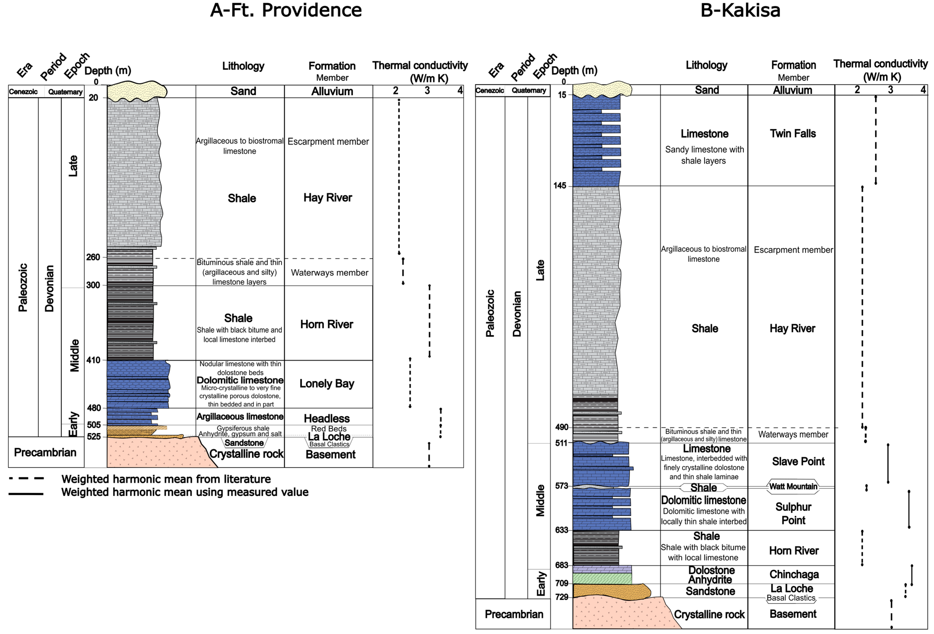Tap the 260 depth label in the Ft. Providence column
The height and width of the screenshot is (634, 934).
(x=93, y=257)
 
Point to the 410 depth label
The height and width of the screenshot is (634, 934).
(x=93, y=360)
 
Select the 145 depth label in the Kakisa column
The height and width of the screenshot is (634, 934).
(x=560, y=186)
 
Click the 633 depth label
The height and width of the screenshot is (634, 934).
(x=562, y=530)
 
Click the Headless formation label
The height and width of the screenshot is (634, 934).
(x=327, y=419)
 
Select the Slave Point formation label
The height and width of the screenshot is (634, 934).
(x=798, y=462)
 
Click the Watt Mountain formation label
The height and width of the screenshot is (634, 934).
(x=793, y=486)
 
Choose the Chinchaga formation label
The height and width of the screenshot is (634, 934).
(x=794, y=574)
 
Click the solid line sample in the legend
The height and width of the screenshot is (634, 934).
(x=26, y=493)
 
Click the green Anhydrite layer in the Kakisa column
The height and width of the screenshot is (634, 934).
(x=602, y=578)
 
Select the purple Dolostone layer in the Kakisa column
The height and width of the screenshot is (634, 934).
(x=602, y=569)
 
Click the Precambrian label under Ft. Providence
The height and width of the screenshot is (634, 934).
(x=45, y=453)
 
